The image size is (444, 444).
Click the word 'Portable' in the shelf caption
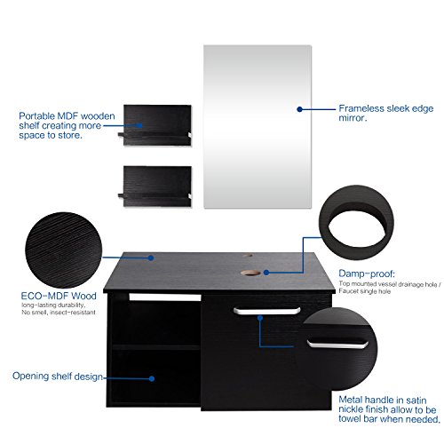(x=40, y=115)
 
